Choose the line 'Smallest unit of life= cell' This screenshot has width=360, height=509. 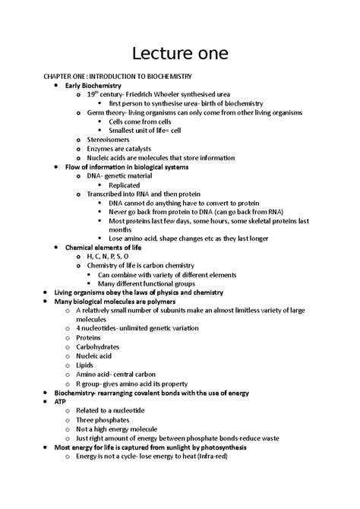145,131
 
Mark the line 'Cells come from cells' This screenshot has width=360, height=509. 139,122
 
